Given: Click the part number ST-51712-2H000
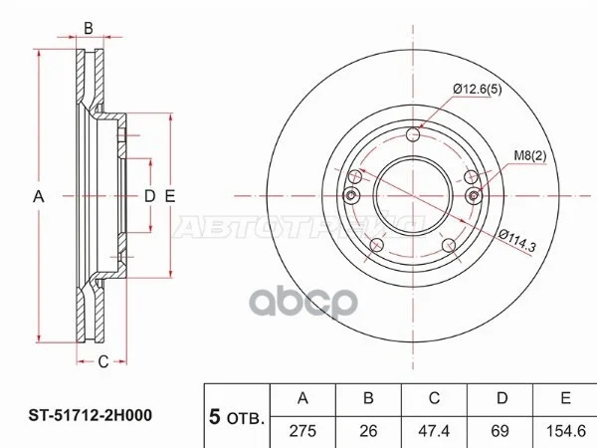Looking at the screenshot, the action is (91, 415).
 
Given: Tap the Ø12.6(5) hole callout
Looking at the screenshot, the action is (478, 90).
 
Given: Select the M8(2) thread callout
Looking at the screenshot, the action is (530, 155).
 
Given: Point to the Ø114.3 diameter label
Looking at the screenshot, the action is (517, 241).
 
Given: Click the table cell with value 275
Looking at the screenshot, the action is (302, 431).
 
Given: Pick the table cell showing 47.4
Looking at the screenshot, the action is (434, 431).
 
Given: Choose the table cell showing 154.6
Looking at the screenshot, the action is (566, 431).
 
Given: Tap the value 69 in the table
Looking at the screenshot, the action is (499, 431).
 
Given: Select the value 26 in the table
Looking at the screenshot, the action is (368, 431).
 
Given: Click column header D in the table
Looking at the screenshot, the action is (502, 398).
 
